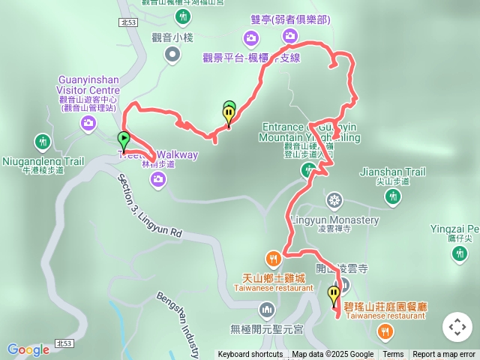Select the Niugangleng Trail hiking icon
pyautogui.click(x=43, y=141)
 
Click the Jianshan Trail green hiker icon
pyautogui.click(x=392, y=196)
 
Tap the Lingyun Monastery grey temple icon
pyautogui.click(x=334, y=199)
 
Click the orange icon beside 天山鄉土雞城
pyautogui.click(x=274, y=259)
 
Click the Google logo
pyautogui.click(x=28, y=349)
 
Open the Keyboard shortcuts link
pyautogui.click(x=250, y=355)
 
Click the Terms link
pyautogui.click(x=393, y=355)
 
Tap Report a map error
pyautogui.click(x=444, y=355)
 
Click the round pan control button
pyautogui.click(x=457, y=327)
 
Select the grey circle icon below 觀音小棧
pyautogui.click(x=173, y=53)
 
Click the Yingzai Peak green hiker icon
pyautogui.click(x=460, y=254)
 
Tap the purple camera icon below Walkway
pyautogui.click(x=158, y=178)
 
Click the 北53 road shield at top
pyautogui.click(x=127, y=23)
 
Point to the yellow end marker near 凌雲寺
pyautogui.click(x=334, y=294)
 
